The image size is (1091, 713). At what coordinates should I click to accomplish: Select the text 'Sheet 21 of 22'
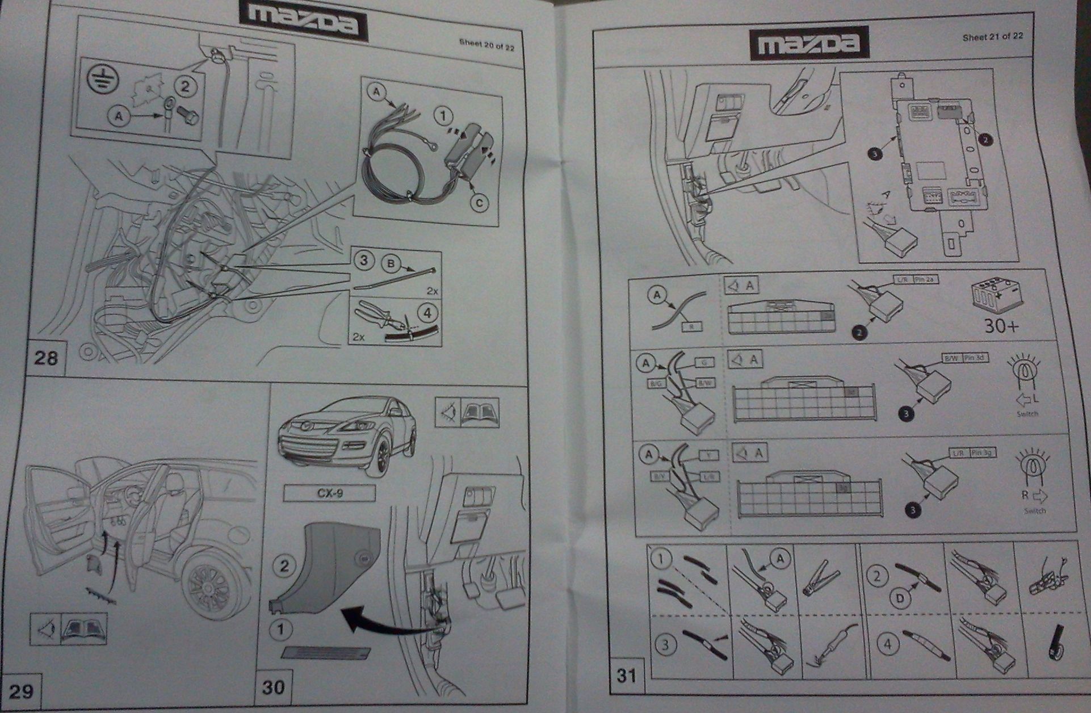pos(993,36)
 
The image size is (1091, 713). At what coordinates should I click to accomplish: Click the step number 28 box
pos(45,358)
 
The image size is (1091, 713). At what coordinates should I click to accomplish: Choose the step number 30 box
pos(273,687)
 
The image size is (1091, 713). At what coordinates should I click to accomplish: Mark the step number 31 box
pos(626,675)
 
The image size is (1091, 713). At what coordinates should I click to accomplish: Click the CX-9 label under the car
pos(329,493)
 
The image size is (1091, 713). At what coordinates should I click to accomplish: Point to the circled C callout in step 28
pos(480,202)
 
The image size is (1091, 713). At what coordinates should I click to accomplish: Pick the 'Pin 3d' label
pos(975,358)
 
